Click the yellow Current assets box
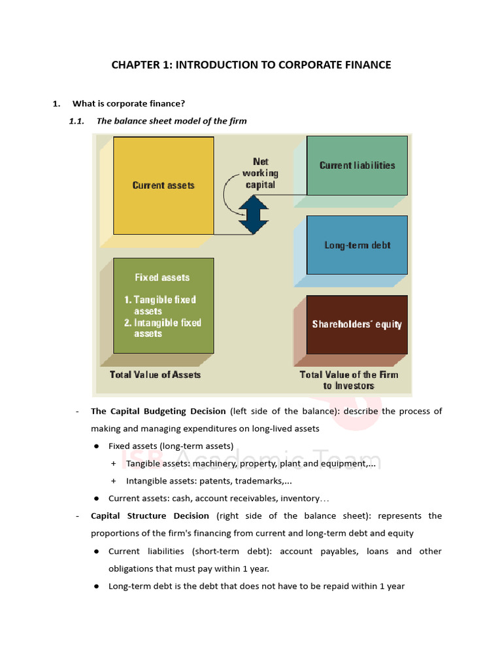(x=163, y=185)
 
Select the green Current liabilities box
(x=357, y=166)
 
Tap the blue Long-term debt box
(x=357, y=245)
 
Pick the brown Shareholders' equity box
(x=357, y=324)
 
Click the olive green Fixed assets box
(x=163, y=305)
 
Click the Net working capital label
(x=260, y=173)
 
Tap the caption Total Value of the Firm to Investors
(x=349, y=380)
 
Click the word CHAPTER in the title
(x=134, y=65)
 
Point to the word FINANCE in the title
(x=365, y=65)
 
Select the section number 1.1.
(x=77, y=120)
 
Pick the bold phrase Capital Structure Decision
(x=150, y=516)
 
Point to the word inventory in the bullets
(x=300, y=498)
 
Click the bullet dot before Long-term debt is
(x=96, y=586)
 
